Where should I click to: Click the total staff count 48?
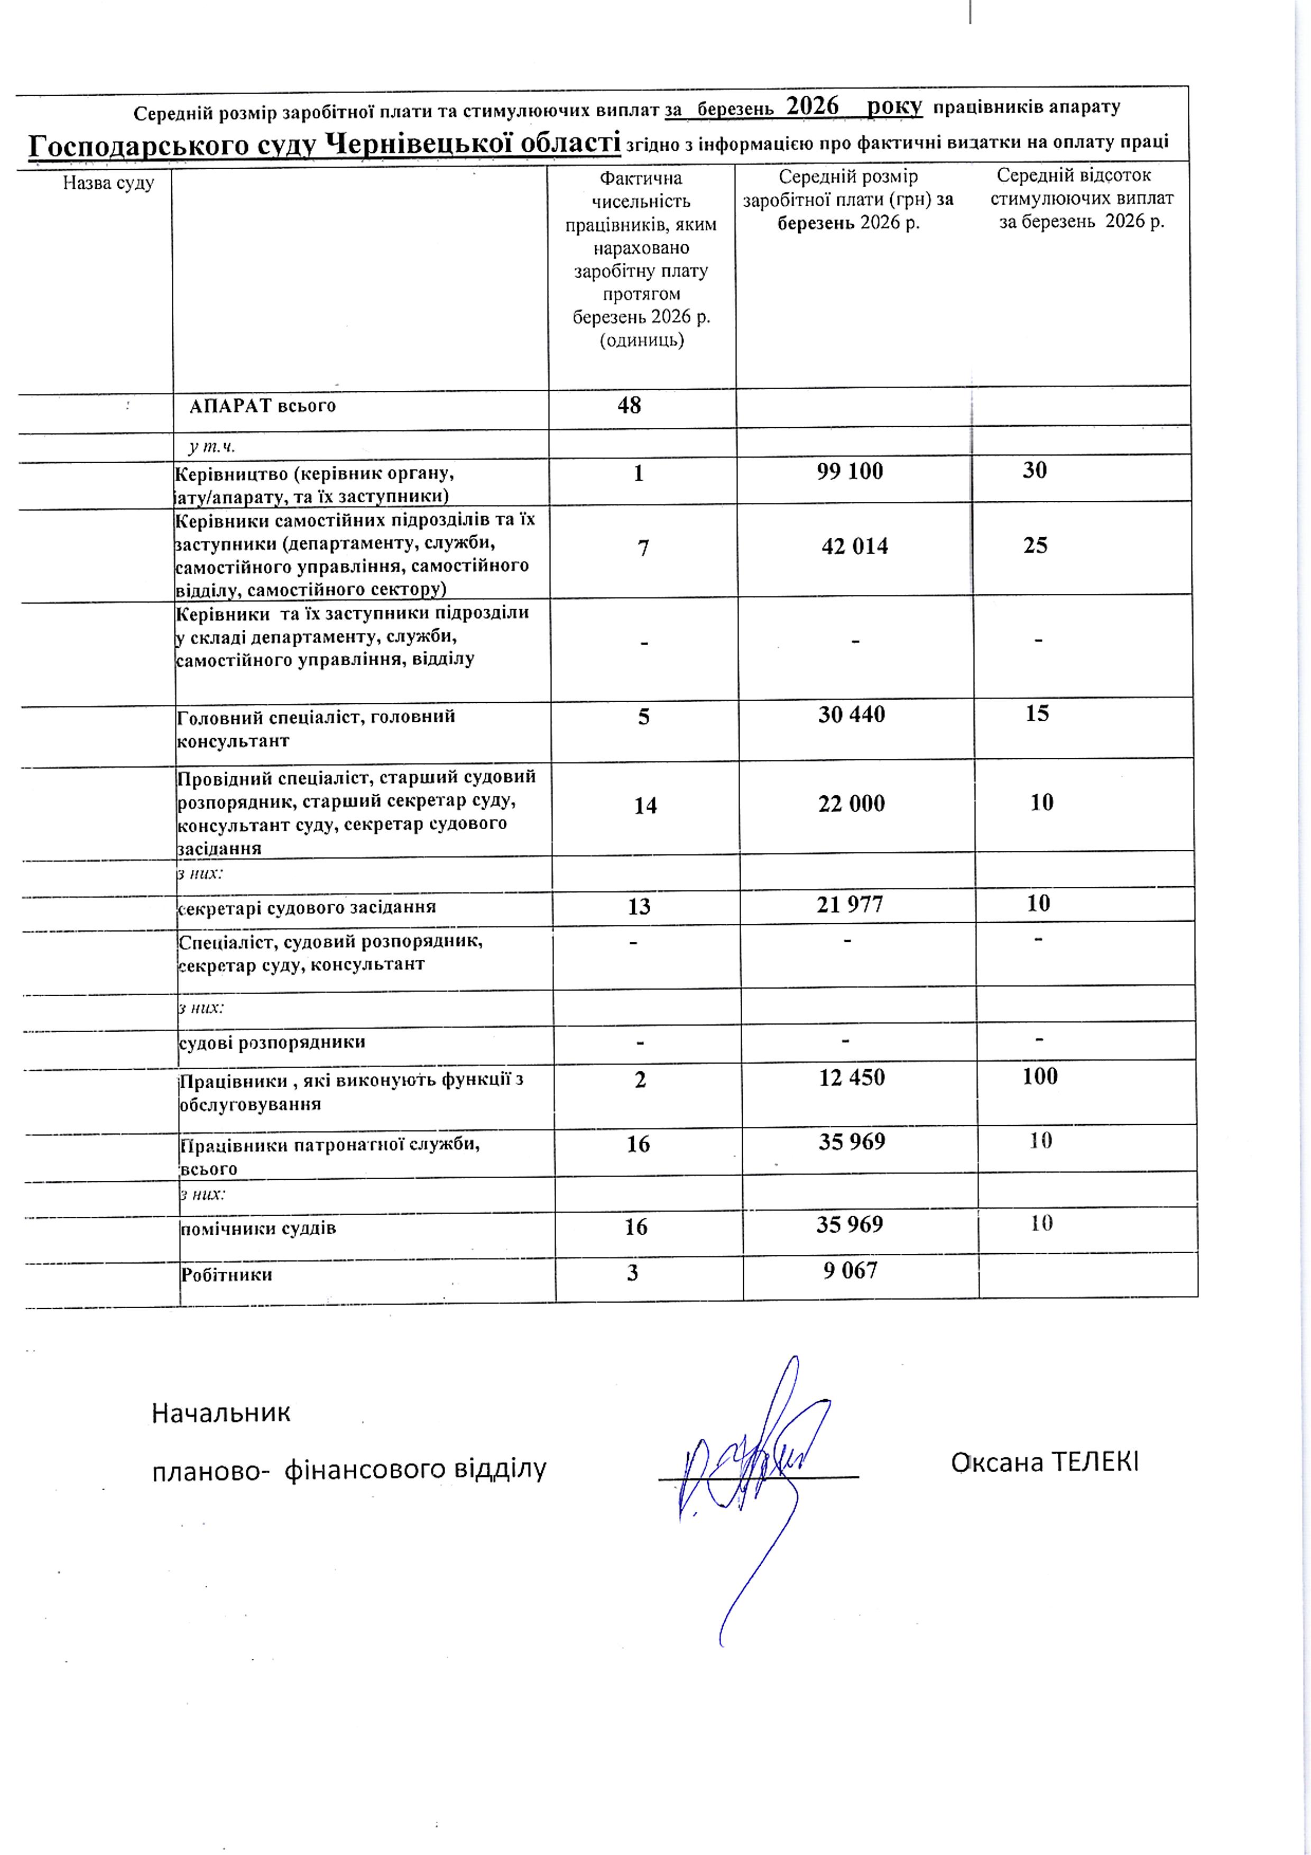point(629,406)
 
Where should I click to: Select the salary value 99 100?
point(850,472)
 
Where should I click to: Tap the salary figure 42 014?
point(855,547)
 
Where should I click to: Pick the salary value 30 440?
point(852,715)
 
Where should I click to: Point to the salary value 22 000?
point(852,804)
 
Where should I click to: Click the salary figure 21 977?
point(850,905)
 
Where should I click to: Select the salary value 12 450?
point(852,1078)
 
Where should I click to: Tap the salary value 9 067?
point(850,1271)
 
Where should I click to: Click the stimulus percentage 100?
point(1040,1076)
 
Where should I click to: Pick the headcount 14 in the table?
point(645,805)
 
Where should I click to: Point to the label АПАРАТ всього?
point(263,406)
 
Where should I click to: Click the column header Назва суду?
point(108,183)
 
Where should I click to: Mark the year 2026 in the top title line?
point(813,106)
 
